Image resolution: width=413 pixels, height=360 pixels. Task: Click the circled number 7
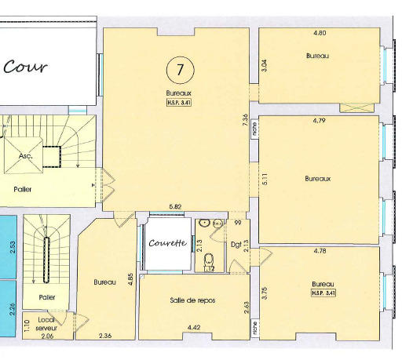pyautogui.click(x=180, y=70)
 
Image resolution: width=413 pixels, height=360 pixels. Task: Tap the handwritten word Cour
pyautogui.click(x=25, y=67)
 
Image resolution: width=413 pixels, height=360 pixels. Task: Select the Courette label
pyautogui.click(x=168, y=243)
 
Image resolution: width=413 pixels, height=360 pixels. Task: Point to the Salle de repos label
pyautogui.click(x=192, y=300)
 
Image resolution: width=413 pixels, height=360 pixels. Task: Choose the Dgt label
pyautogui.click(x=236, y=245)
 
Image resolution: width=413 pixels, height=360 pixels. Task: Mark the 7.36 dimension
pyautogui.click(x=246, y=118)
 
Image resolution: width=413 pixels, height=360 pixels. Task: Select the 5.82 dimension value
pyautogui.click(x=176, y=206)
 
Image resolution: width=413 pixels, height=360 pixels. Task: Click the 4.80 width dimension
pyautogui.click(x=319, y=33)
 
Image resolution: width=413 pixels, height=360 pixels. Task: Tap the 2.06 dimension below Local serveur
pyautogui.click(x=46, y=336)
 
